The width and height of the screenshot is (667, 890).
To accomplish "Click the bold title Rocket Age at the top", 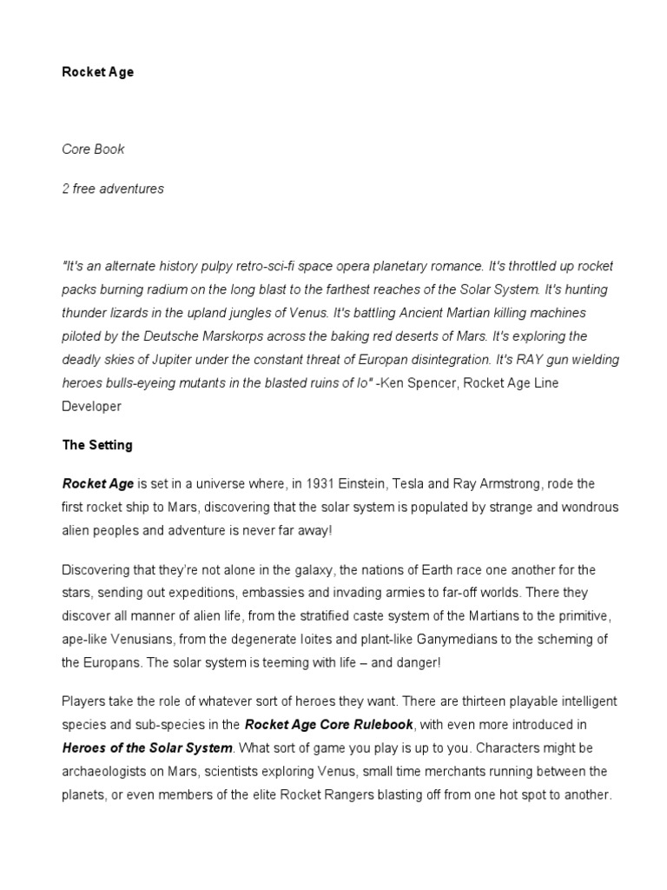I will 97,72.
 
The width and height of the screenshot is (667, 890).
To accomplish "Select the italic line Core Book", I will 93,149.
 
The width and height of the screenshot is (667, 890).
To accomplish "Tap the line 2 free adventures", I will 113,189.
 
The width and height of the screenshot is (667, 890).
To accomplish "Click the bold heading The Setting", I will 97,445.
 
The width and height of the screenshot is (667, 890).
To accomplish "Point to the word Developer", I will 91,406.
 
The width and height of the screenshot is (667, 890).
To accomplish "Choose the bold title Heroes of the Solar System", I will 148,747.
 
